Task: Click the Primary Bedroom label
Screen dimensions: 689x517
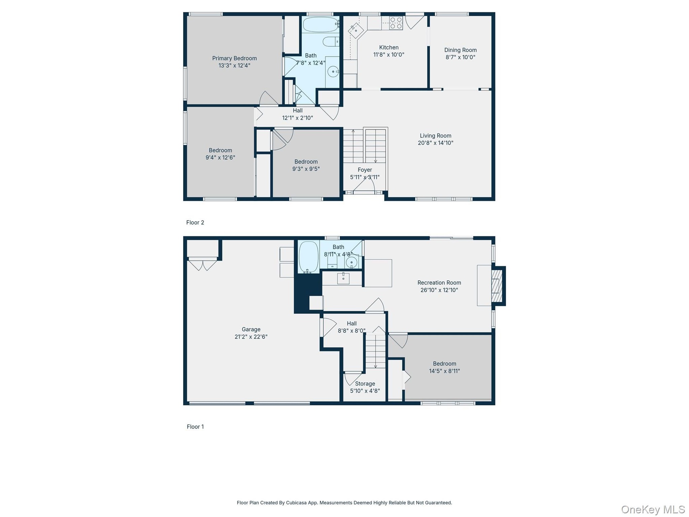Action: click(x=234, y=58)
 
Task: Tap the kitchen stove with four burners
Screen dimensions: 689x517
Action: click(x=396, y=23)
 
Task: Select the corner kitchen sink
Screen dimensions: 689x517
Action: click(x=356, y=30)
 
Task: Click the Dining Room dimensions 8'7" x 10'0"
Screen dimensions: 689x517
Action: click(x=460, y=57)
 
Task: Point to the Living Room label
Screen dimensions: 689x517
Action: click(x=436, y=136)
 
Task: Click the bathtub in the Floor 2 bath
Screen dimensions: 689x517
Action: click(x=321, y=24)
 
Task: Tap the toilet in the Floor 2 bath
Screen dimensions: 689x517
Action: click(x=331, y=42)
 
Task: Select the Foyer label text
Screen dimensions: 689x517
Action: click(x=365, y=170)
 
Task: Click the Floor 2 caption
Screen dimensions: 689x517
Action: click(x=195, y=223)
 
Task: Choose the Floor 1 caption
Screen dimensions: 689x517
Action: click(x=195, y=427)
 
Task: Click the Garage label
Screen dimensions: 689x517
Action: click(x=251, y=329)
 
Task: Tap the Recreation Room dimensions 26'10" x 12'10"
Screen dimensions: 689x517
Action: click(x=439, y=290)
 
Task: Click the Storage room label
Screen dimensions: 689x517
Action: click(x=365, y=384)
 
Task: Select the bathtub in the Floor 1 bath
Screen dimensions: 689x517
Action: click(x=309, y=257)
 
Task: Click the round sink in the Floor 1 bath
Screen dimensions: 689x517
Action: click(x=351, y=262)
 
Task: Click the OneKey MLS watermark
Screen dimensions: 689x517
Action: click(x=653, y=509)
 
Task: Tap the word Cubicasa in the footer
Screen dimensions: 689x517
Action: click(x=296, y=503)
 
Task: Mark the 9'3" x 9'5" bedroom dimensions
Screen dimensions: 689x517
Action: click(x=306, y=169)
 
